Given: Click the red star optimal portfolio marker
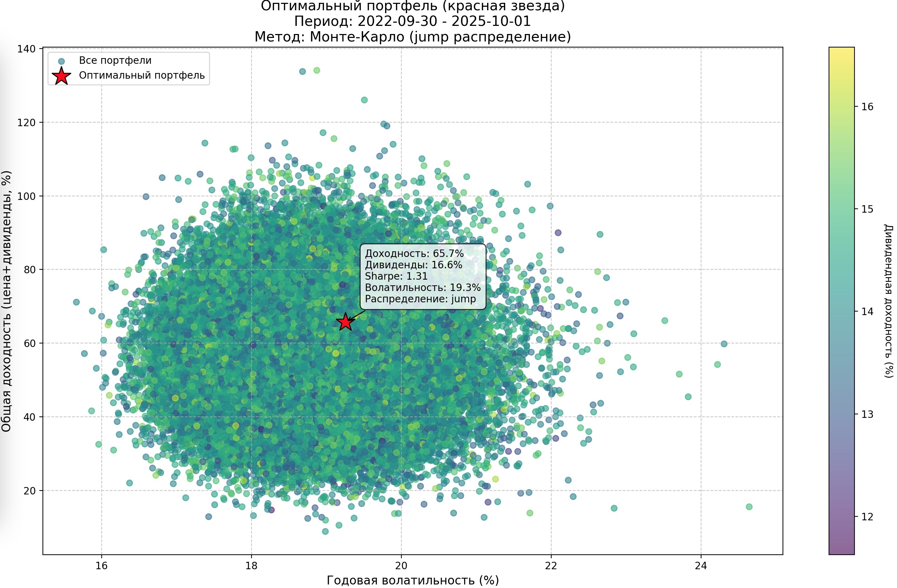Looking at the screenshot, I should [x=345, y=322].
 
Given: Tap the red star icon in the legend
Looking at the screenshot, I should [x=61, y=76].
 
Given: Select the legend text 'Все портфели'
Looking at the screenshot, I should [x=115, y=60].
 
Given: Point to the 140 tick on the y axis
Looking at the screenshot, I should [x=26, y=49].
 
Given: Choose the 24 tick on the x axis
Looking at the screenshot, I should [x=701, y=566].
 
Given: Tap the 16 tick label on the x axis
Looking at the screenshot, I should [x=101, y=566].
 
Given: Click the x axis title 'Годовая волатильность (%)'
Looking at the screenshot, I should [x=413, y=580].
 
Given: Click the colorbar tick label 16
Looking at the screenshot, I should [x=867, y=107].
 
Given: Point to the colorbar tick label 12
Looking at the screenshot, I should [x=867, y=517].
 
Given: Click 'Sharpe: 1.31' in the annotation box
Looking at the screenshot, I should [x=396, y=276].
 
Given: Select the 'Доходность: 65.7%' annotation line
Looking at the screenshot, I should [x=414, y=253].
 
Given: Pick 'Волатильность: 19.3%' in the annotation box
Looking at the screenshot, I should [x=423, y=288].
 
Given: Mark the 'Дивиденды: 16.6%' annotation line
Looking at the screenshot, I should [x=413, y=265].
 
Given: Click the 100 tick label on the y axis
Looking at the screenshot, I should [x=26, y=196].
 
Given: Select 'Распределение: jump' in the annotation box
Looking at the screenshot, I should [x=420, y=299].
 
